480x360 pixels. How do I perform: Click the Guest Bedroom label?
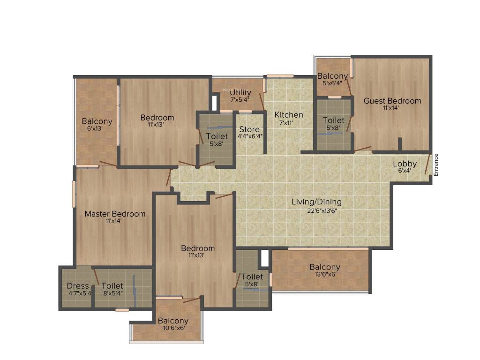pyautogui.click(x=392, y=101)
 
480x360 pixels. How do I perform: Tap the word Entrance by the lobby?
pyautogui.click(x=436, y=165)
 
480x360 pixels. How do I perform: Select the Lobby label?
pyautogui.click(x=405, y=164)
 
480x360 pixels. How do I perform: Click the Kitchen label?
pyautogui.click(x=289, y=115)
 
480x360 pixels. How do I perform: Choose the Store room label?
pyautogui.click(x=249, y=129)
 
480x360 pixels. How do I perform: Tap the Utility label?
pyautogui.click(x=240, y=92)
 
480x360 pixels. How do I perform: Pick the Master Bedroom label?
pyautogui.click(x=115, y=214)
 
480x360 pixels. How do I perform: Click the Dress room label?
pyautogui.click(x=78, y=286)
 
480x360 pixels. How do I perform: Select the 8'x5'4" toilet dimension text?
pyautogui.click(x=112, y=293)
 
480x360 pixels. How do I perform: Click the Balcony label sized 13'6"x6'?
pyautogui.click(x=325, y=267)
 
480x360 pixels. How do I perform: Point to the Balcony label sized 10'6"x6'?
pyautogui.click(x=173, y=321)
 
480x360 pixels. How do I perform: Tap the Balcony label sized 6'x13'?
pyautogui.click(x=97, y=121)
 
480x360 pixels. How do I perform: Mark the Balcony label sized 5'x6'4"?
pyautogui.click(x=333, y=76)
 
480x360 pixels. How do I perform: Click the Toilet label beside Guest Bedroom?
pyautogui.click(x=333, y=120)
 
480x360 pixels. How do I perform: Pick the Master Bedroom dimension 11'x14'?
pyautogui.click(x=113, y=221)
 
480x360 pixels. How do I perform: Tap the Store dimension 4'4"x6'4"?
pyautogui.click(x=249, y=136)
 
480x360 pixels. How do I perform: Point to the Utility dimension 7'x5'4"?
pyautogui.click(x=240, y=99)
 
